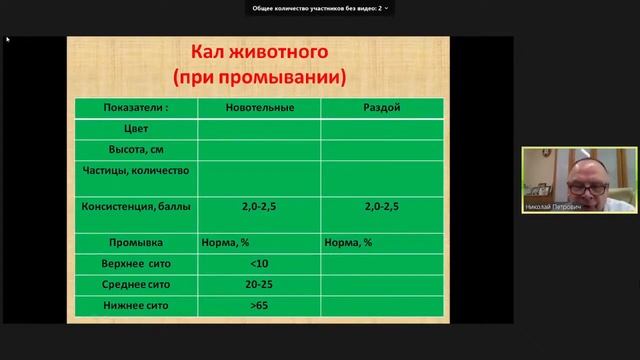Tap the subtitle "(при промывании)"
tap(259, 76)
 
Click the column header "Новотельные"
tap(259, 107)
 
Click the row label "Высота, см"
tap(136, 149)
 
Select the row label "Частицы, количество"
tap(136, 171)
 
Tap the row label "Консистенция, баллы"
tap(136, 207)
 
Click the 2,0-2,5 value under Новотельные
tap(259, 207)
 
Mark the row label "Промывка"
tap(136, 242)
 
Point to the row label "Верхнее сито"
tap(136, 263)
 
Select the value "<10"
tap(259, 263)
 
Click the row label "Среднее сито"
tap(136, 284)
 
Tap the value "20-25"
tap(259, 284)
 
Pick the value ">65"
tap(259, 305)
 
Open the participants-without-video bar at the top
tap(320, 7)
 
